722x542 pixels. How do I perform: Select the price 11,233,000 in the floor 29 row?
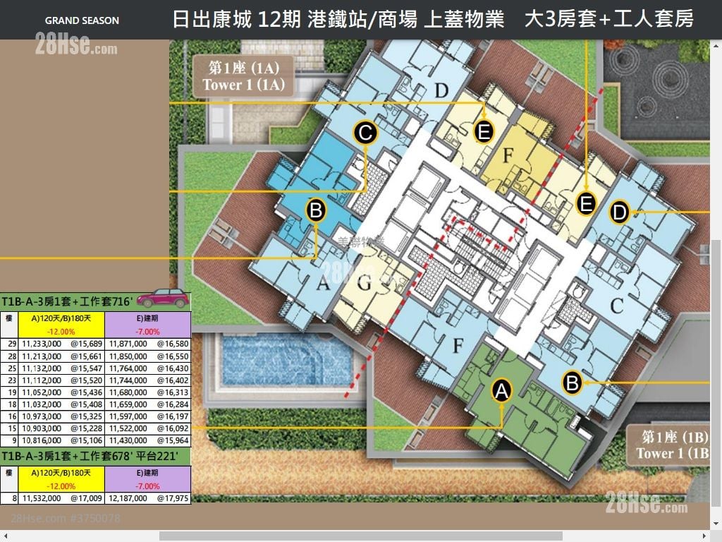point(41,343)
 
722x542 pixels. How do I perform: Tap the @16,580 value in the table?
point(173,343)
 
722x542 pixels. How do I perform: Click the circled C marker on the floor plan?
point(365,133)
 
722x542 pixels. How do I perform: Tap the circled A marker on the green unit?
point(501,390)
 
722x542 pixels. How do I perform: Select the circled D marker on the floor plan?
point(619,211)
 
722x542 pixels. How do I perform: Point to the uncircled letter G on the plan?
point(364,285)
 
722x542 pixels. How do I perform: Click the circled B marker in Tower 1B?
point(572,383)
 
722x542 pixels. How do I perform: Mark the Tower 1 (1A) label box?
point(244,76)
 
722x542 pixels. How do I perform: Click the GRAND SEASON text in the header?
point(82,20)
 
